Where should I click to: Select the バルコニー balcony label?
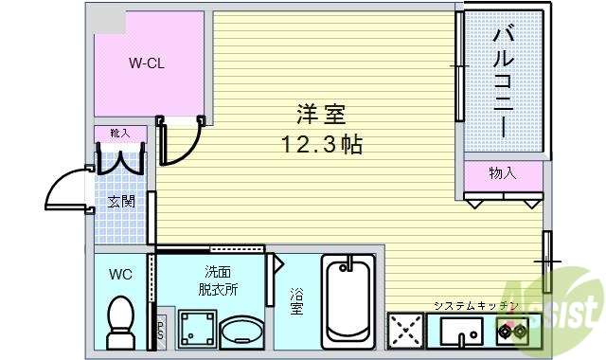pyautogui.click(x=503, y=81)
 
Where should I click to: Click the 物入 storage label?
pyautogui.click(x=502, y=173)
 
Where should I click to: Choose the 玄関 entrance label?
pyautogui.click(x=119, y=201)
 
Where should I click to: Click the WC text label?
pyautogui.click(x=120, y=275)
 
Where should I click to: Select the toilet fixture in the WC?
pyautogui.click(x=120, y=321)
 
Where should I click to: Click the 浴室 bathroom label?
pyautogui.click(x=296, y=300)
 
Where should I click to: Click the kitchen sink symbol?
pyautogui.click(x=459, y=333)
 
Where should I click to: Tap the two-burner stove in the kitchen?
pyautogui.click(x=514, y=333)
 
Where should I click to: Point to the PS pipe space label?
pyautogui.click(x=160, y=330)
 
